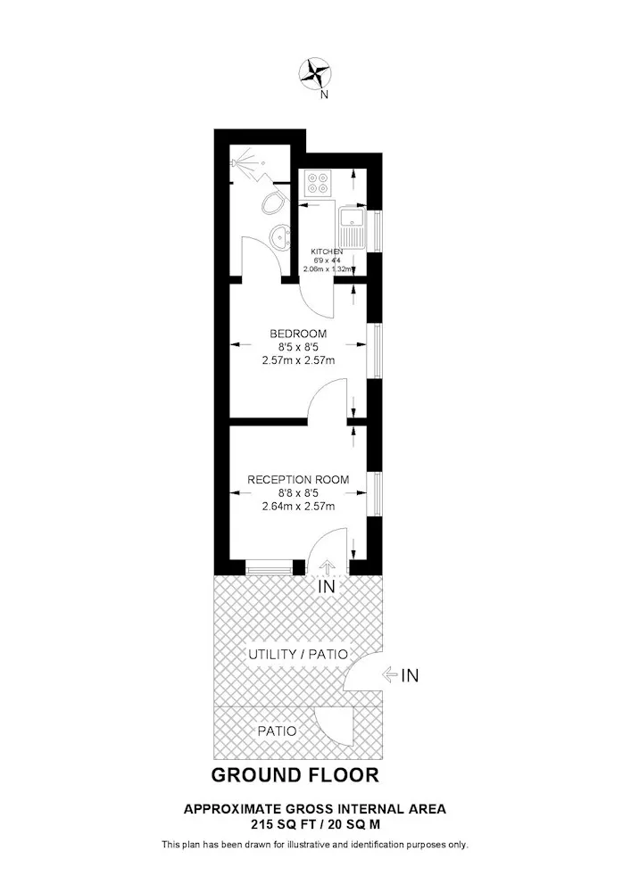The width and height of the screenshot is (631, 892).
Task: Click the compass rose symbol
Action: pos(315,73)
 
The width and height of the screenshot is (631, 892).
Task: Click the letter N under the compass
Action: pos(324,95)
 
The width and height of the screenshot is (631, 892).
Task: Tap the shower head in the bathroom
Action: pos(243,161)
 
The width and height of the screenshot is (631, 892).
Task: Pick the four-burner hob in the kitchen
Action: pos(318,183)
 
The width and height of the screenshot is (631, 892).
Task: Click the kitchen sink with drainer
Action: pos(352,228)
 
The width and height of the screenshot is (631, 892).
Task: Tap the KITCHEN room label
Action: pos(327,252)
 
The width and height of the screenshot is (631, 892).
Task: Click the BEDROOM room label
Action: pos(298,334)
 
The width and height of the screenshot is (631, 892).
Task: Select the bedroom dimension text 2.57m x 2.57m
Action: pos(298,360)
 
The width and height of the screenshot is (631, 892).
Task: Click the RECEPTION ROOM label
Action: pos(298,480)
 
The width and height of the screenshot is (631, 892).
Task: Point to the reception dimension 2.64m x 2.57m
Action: pos(298,506)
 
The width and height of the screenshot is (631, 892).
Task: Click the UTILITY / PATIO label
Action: pos(298,654)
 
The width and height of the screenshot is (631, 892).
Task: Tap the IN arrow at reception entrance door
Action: pos(327,566)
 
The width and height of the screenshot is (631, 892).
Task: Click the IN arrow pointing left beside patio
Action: pos(390,675)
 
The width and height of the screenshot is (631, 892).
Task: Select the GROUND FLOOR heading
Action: pos(295,775)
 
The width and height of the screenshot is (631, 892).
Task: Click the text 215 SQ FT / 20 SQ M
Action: pos(316,823)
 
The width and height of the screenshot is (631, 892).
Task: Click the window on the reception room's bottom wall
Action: pos(269,567)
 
